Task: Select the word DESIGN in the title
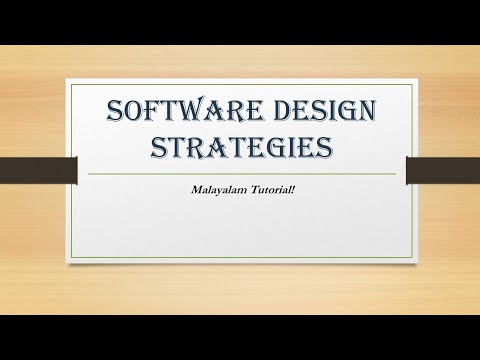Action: point(309,110)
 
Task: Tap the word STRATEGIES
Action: point(239,148)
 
